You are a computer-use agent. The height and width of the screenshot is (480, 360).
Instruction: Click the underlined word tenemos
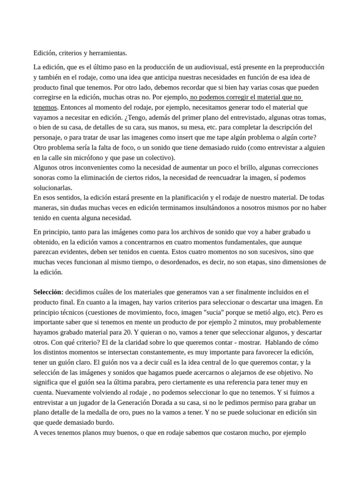(45, 107)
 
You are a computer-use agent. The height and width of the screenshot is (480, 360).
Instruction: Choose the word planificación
(187, 197)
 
